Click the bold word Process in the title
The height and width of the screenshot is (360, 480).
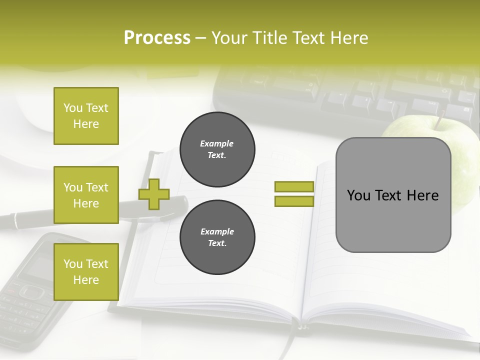[157, 38]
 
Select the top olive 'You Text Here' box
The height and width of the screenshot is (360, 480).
[86, 116]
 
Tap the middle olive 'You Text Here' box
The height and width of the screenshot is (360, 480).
[86, 195]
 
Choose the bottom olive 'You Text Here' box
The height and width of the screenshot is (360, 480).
[86, 271]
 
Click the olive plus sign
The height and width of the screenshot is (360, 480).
[153, 193]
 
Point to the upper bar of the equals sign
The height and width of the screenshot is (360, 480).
[294, 186]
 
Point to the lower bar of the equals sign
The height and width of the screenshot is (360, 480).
[294, 201]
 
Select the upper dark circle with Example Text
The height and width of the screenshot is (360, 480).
[217, 149]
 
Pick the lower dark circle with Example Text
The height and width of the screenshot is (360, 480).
[217, 237]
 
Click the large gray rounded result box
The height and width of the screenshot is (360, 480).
[393, 195]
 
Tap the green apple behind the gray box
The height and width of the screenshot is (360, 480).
[462, 165]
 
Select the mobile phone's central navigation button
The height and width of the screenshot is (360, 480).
[31, 291]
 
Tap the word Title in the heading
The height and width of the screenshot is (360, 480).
[271, 38]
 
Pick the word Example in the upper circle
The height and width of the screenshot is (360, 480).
[216, 143]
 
